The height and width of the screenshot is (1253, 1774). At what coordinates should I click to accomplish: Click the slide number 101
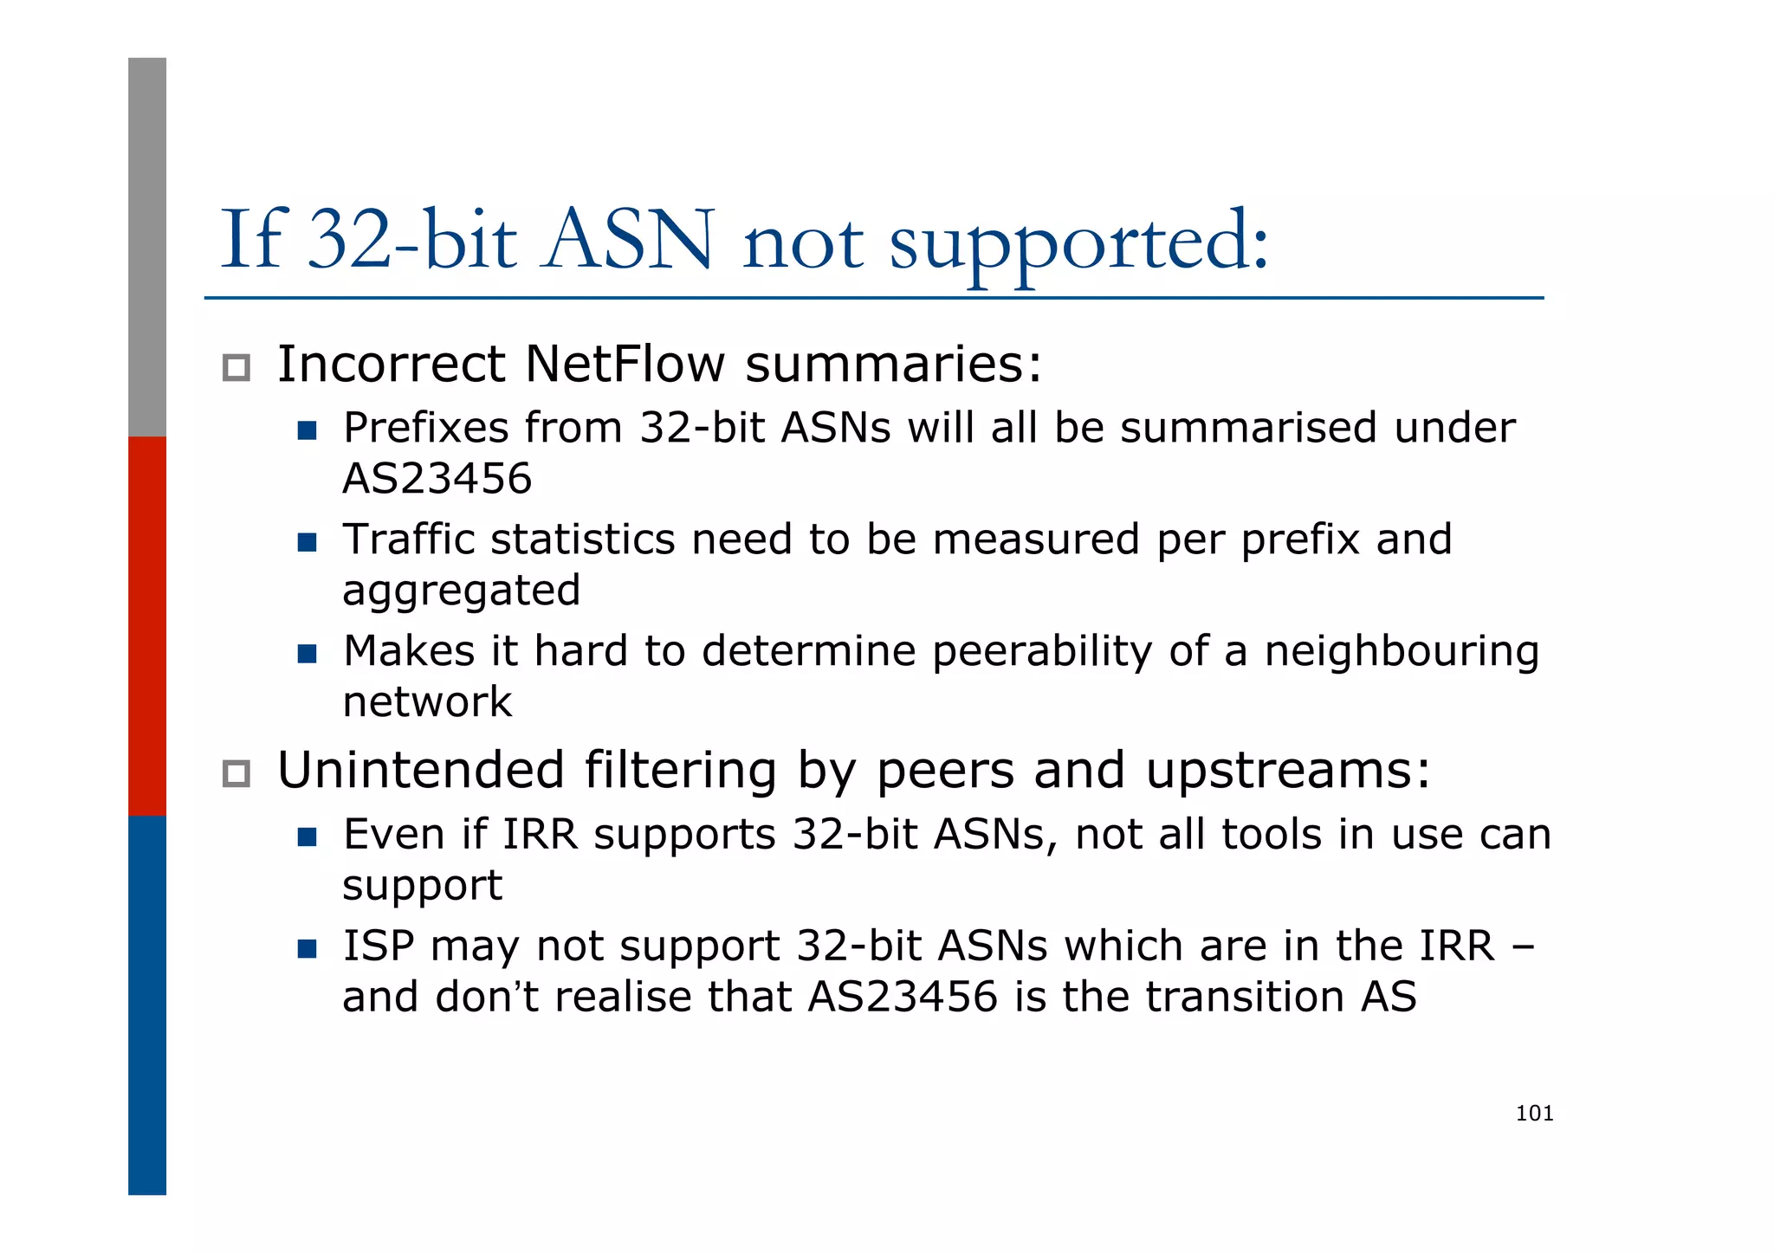tap(1534, 1114)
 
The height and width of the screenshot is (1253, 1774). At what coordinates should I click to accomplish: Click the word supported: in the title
tap(1078, 242)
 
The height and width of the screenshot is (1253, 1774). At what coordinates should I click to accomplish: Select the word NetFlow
tap(625, 364)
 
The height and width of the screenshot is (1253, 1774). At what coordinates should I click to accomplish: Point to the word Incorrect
tap(391, 364)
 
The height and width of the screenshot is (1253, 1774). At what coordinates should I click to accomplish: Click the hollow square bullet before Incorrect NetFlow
tap(236, 368)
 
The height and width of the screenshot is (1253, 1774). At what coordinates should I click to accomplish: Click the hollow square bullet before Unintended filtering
tap(236, 773)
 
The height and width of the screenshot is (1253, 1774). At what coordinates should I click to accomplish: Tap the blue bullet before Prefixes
tap(307, 430)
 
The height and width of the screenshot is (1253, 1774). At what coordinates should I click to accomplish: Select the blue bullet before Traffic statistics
tap(307, 542)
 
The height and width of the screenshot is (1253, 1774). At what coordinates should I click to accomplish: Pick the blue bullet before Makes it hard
tap(307, 653)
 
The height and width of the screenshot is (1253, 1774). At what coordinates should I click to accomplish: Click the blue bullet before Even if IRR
tap(307, 836)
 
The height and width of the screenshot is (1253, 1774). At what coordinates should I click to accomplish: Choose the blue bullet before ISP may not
tap(307, 948)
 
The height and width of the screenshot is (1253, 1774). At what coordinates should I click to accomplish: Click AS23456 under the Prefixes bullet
tap(437, 479)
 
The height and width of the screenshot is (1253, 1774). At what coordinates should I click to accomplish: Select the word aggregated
tap(461, 591)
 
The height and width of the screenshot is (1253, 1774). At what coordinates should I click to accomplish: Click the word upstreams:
tap(1288, 770)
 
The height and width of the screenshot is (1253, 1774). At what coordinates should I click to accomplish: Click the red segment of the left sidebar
tap(147, 625)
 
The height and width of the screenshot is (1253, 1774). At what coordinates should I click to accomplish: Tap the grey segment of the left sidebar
tap(147, 247)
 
